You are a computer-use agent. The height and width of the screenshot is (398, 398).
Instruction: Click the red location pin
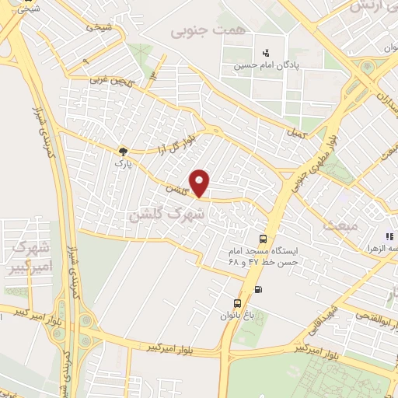click(201, 183)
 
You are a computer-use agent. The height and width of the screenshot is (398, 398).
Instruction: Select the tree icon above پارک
click(123, 151)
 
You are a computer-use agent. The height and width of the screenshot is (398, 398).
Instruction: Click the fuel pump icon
click(258, 290)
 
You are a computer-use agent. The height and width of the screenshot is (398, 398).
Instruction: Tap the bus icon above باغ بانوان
click(237, 304)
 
